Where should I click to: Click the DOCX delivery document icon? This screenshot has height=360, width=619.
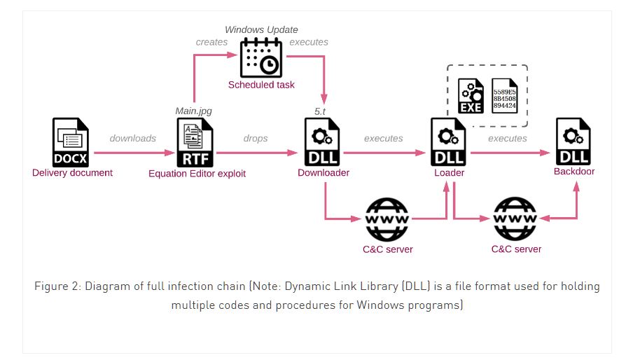point(71,142)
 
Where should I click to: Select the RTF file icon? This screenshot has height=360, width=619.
point(197,142)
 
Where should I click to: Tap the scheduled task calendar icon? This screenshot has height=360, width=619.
point(260,58)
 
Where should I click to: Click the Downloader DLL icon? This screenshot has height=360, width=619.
point(323,142)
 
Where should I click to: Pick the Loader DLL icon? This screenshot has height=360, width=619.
point(448,142)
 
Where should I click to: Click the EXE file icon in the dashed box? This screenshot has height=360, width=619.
point(472,96)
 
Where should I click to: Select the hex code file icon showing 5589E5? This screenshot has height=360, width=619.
point(508,96)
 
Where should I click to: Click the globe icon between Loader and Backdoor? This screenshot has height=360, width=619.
point(515,219)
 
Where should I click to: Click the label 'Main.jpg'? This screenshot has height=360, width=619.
point(193,111)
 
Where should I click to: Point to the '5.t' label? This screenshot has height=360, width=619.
point(322,111)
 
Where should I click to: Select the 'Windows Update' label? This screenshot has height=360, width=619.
point(261,29)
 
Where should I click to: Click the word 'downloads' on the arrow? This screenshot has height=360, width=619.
point(133,139)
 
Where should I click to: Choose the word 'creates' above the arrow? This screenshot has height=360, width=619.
point(211,42)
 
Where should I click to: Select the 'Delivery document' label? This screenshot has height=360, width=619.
point(72,172)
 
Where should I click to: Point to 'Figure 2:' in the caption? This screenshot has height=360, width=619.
point(59,287)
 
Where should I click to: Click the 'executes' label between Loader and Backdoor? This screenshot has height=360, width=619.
point(507,139)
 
